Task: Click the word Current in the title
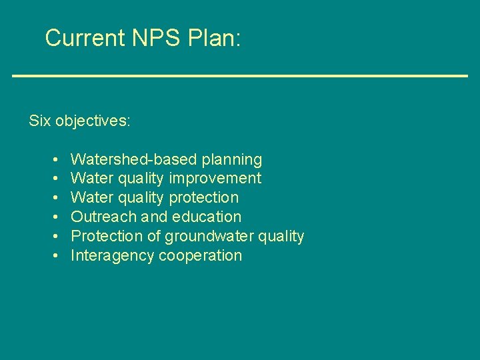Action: pos(85,38)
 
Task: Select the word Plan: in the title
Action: pos(214,38)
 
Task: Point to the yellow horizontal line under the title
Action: pos(240,76)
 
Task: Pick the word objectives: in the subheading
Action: pos(93,121)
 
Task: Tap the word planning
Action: pos(232,160)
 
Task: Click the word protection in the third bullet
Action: pos(204,198)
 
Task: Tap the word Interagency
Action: pos(112,256)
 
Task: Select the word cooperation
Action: pos(201,256)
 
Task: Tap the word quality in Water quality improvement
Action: pos(140,179)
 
